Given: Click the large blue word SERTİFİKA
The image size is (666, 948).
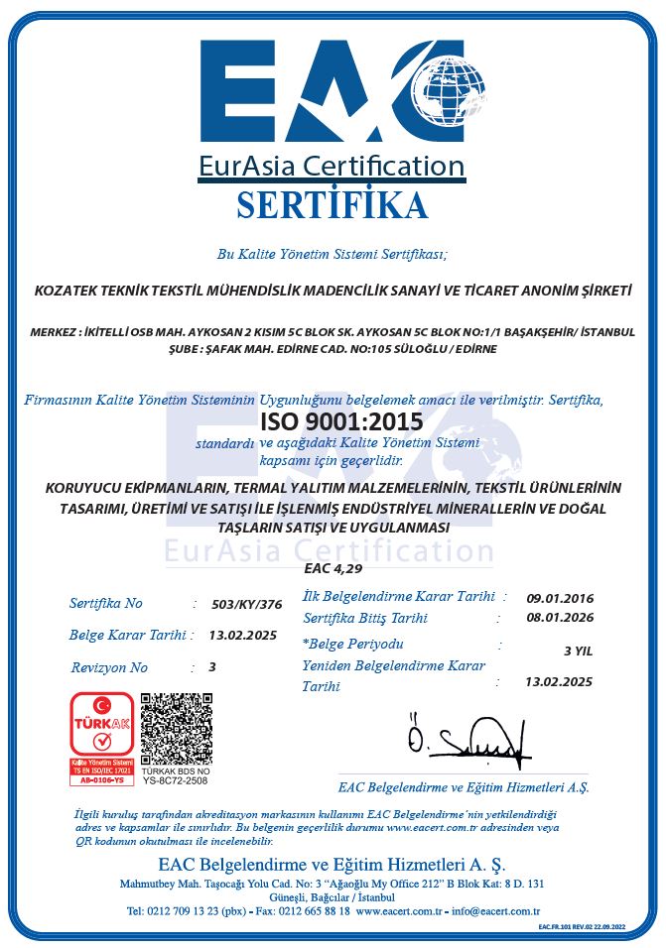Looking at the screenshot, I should (333, 204).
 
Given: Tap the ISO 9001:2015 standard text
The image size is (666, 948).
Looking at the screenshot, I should (340, 421).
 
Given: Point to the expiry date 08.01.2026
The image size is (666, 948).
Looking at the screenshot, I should (560, 618).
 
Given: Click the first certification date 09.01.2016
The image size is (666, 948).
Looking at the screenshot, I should (560, 598).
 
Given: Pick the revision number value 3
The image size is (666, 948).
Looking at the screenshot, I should (212, 667).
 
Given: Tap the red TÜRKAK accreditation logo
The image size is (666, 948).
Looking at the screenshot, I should (99, 739).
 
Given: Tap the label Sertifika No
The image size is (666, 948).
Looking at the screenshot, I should (106, 603).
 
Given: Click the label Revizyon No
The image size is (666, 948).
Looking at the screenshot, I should (109, 667).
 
